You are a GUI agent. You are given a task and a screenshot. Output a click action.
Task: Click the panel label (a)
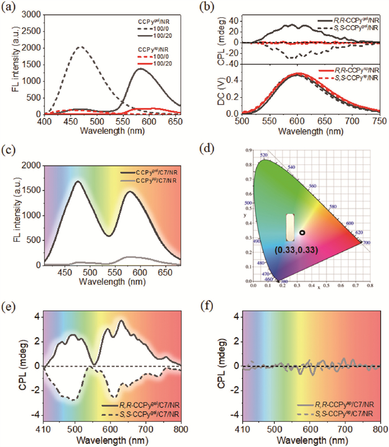point(9,7)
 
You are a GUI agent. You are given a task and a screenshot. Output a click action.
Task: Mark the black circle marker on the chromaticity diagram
point(302,232)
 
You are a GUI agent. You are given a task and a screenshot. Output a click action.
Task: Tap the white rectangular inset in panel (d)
point(290,228)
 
